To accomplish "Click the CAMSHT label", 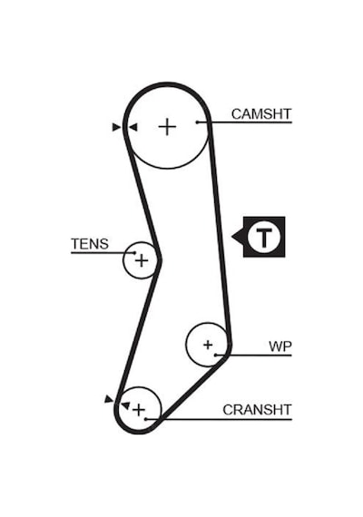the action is [x=261, y=114].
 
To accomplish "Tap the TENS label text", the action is [x=90, y=244].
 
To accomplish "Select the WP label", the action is [x=280, y=346].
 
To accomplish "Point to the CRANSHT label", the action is [x=257, y=410].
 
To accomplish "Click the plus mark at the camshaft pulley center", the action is [x=167, y=127].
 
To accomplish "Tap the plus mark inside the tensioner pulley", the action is [x=142, y=261].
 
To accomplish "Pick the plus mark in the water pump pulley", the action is [x=208, y=345].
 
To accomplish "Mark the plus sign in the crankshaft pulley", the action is [x=139, y=410].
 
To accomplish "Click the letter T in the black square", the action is [x=264, y=237].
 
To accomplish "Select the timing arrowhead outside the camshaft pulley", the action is [x=116, y=127].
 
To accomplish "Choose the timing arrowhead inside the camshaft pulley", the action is [x=133, y=127].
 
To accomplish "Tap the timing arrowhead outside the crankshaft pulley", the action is [x=109, y=399].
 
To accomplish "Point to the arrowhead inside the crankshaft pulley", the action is [x=126, y=405].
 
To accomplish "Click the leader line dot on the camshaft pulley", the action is [x=197, y=122].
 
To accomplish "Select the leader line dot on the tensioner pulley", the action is [x=134, y=252].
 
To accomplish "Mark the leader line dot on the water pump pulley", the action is [x=215, y=356].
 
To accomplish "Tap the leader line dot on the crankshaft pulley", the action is [x=146, y=419].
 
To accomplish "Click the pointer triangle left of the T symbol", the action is [x=238, y=237].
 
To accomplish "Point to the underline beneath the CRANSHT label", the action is [x=219, y=419].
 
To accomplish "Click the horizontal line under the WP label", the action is [x=254, y=356].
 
